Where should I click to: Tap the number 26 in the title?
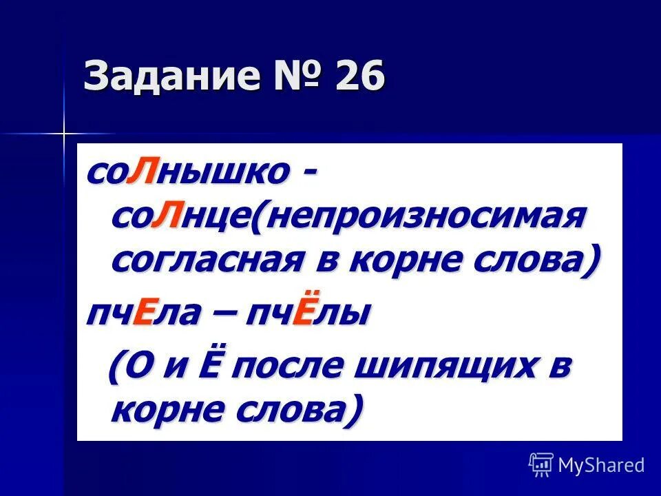click(360, 77)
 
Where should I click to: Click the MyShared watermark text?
click(601, 464)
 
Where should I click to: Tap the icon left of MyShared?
click(541, 464)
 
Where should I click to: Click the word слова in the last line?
click(296, 411)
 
